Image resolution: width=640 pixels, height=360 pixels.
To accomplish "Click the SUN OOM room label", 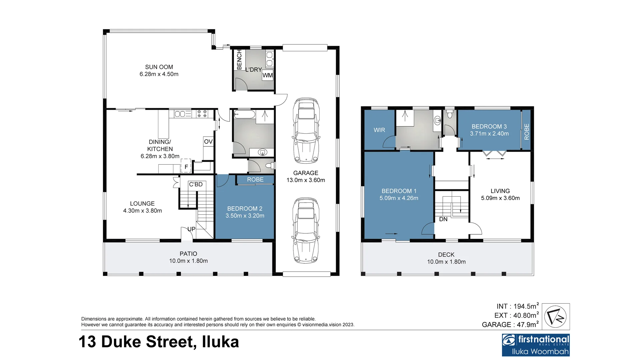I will pyautogui.click(x=159, y=67).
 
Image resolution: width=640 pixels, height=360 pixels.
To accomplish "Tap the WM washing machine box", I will pyautogui.click(x=268, y=75).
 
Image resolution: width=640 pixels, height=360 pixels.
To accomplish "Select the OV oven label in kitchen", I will pyautogui.click(x=208, y=142).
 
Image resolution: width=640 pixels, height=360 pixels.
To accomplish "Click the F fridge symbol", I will pyautogui.click(x=186, y=166).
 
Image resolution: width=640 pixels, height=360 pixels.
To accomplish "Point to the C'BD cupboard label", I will pyautogui.click(x=196, y=184).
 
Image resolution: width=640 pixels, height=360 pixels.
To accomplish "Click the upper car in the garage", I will pyautogui.click(x=306, y=130).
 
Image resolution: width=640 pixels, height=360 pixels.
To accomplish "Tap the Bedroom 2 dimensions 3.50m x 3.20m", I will pyautogui.click(x=245, y=216).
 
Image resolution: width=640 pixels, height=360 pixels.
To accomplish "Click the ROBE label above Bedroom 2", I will pyautogui.click(x=255, y=180).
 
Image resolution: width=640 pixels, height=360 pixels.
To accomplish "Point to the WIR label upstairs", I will pyautogui.click(x=379, y=130).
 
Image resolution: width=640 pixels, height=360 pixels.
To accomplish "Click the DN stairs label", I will pyautogui.click(x=443, y=219).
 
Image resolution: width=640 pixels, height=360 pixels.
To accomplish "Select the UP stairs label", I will pyautogui.click(x=191, y=229).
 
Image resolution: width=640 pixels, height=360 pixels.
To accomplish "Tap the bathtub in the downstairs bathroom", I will pyautogui.click(x=244, y=115).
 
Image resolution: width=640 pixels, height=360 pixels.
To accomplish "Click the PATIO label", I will pyautogui.click(x=188, y=254).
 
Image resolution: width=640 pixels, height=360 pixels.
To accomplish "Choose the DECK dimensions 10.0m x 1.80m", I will pyautogui.click(x=446, y=262).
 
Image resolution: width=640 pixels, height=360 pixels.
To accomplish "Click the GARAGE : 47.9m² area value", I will pyautogui.click(x=510, y=324).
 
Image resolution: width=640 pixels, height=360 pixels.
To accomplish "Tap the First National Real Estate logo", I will pyautogui.click(x=536, y=345).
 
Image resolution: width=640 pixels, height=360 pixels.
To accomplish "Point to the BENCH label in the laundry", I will pyautogui.click(x=239, y=60).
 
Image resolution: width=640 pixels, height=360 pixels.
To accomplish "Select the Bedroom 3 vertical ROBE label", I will pyautogui.click(x=527, y=132).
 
